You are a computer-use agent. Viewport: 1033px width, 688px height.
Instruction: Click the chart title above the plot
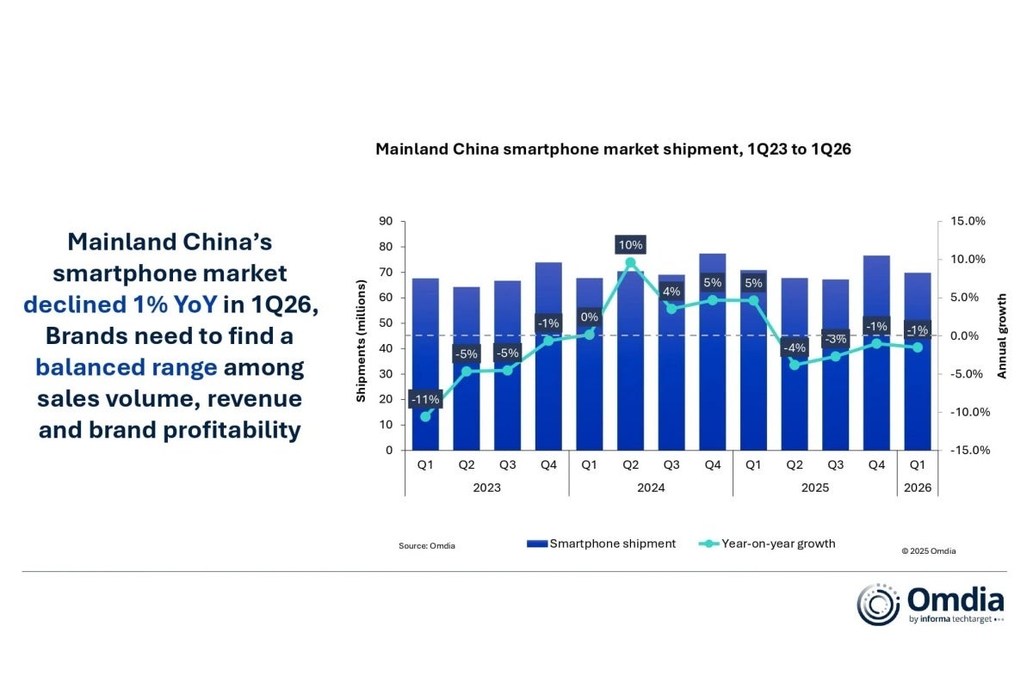point(613,150)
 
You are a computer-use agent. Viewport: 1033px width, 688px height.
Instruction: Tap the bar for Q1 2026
point(917,378)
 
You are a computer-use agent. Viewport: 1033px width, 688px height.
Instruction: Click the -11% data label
point(425,399)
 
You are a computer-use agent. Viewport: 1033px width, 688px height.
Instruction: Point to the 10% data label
point(630,244)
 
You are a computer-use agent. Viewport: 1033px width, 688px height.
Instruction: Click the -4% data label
point(794,348)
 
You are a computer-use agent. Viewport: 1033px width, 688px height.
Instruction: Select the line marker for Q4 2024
point(713,300)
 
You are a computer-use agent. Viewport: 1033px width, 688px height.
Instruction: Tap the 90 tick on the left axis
point(386,222)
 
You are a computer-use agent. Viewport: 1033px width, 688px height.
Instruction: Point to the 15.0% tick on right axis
point(968,222)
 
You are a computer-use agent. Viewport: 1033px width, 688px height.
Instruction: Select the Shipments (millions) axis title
point(362,335)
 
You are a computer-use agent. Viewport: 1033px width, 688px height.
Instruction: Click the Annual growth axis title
point(1002,335)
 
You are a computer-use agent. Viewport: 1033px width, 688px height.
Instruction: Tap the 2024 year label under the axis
point(651,488)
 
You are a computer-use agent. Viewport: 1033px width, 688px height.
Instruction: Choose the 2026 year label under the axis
point(917,488)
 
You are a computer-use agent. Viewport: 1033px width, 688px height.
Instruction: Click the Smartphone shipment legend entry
point(603,544)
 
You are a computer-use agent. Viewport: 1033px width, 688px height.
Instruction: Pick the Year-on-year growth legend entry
point(766,544)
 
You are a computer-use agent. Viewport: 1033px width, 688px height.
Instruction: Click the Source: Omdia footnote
point(427,546)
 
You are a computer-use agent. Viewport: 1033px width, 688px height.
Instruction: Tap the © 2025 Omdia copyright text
point(928,551)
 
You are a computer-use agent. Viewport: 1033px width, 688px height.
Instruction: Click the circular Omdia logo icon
point(878,605)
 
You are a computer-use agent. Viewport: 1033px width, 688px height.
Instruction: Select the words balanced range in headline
point(126,368)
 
